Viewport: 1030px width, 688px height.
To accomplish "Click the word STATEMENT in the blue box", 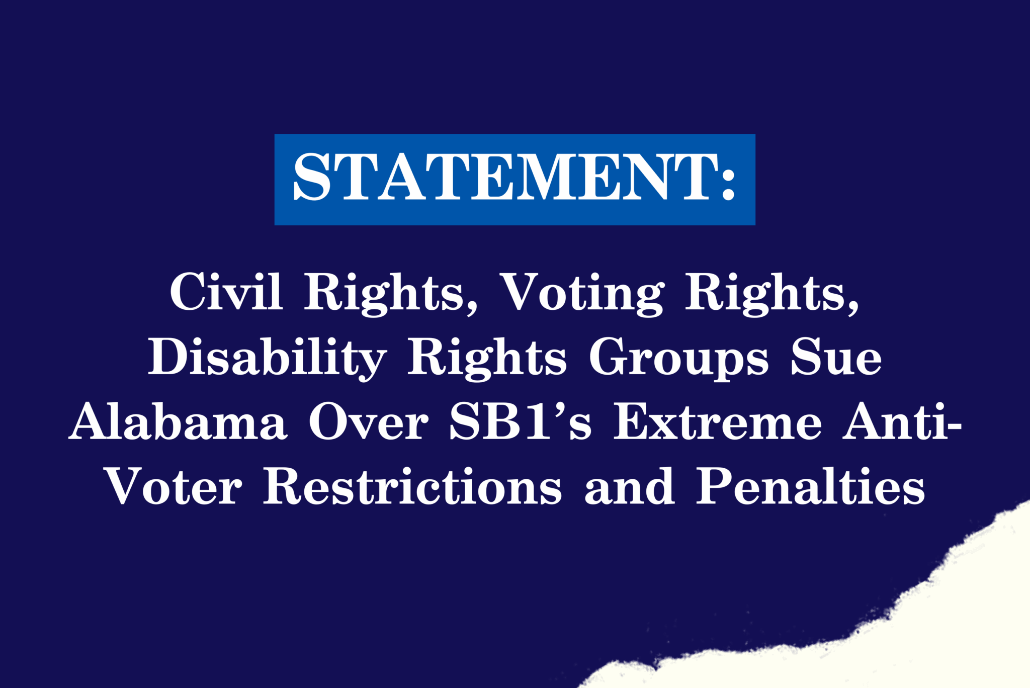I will (x=505, y=177).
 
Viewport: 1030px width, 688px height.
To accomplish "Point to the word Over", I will (x=368, y=422).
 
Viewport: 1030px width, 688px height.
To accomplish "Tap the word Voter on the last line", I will (x=174, y=487).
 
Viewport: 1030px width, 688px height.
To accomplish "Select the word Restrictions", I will (x=412, y=487).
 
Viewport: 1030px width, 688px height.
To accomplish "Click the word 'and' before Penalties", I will (x=629, y=487).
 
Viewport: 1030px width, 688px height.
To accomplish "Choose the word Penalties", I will (x=810, y=487).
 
